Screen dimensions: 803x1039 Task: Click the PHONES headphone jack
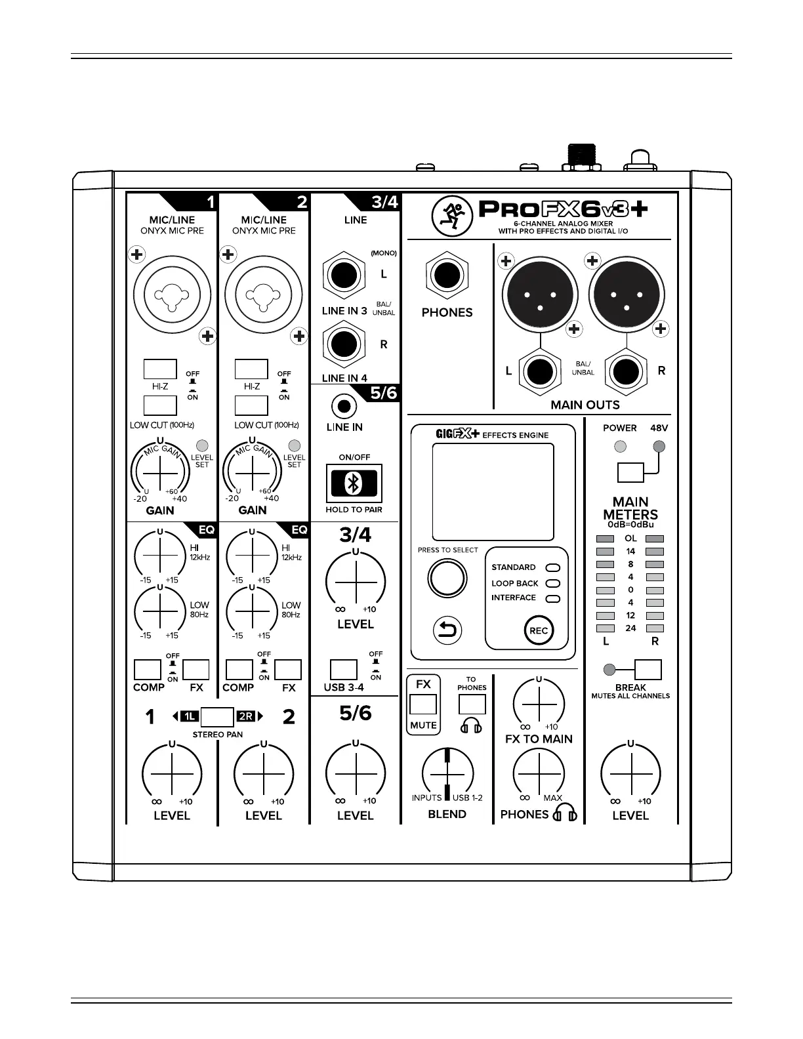click(x=447, y=275)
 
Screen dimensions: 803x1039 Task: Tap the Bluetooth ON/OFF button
click(x=354, y=483)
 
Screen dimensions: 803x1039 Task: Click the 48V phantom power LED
click(x=659, y=447)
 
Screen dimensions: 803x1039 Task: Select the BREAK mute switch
click(x=648, y=670)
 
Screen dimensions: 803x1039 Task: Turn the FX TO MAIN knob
click(x=539, y=703)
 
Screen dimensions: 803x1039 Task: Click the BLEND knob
click(x=447, y=773)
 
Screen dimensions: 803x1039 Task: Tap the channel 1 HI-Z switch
click(x=160, y=369)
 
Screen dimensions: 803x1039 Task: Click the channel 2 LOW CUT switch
click(x=251, y=405)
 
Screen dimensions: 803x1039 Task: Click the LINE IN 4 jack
click(x=343, y=344)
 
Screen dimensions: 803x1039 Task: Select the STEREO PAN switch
click(x=217, y=716)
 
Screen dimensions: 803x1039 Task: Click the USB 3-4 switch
click(x=343, y=670)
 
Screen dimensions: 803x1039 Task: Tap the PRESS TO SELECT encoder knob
click(x=447, y=579)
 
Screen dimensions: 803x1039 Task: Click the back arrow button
click(x=447, y=631)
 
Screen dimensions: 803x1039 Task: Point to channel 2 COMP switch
click(x=239, y=670)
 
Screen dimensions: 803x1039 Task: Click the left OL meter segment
click(x=605, y=539)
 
